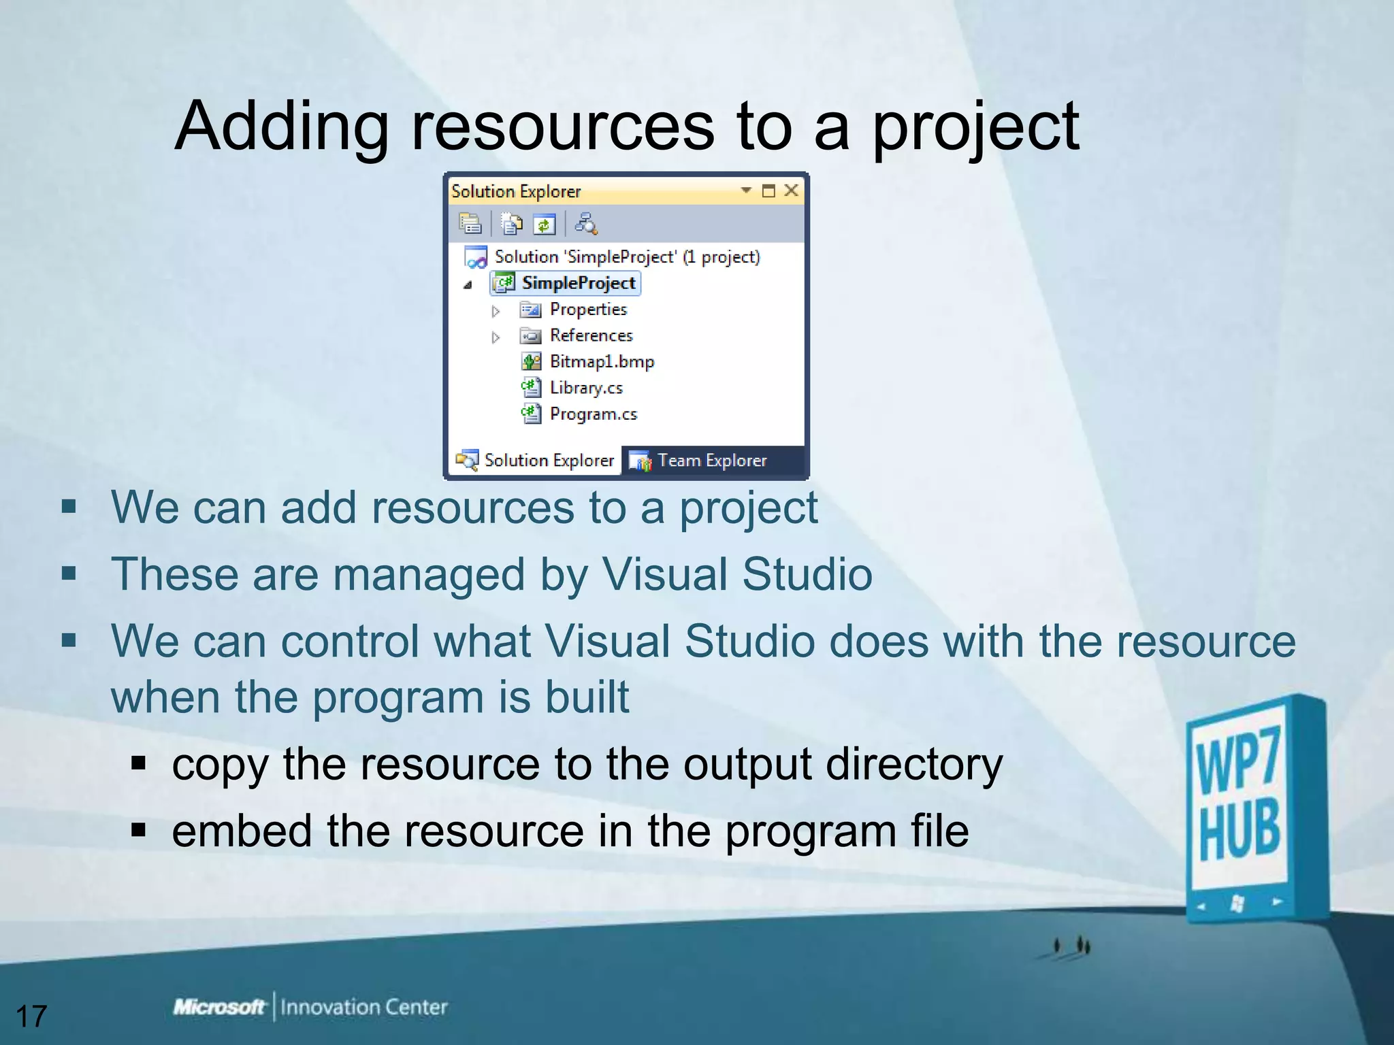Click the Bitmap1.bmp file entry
tap(601, 361)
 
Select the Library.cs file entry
tap(585, 388)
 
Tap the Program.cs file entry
tap(593, 414)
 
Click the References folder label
tap(591, 335)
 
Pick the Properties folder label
tap(588, 310)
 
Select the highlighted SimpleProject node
tap(578, 283)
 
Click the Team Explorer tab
tap(711, 461)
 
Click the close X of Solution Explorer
tap(791, 190)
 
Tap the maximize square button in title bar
tap(768, 190)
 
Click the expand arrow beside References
tap(496, 337)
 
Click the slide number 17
tap(31, 1016)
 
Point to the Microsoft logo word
tap(218, 1006)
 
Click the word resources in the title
tap(562, 127)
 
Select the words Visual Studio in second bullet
tap(736, 574)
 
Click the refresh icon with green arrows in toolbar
tap(545, 224)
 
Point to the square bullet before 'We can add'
tap(69, 507)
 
